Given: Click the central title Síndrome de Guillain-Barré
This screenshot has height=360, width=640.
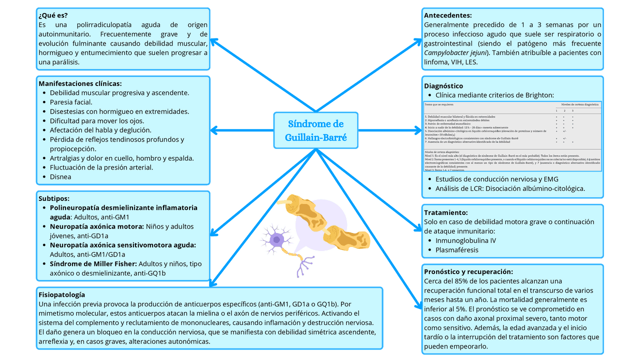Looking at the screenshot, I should point(316,130).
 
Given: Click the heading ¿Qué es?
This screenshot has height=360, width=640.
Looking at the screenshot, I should point(53,15).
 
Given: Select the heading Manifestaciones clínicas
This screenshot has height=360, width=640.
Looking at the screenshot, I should point(80,83).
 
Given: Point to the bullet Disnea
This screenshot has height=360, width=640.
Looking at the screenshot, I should point(60,176).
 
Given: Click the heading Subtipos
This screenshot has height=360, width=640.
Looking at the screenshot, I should point(54,198).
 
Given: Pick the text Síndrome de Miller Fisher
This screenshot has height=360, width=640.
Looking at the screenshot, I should point(93,263).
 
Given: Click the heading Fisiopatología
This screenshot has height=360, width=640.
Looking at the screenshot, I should point(62,295).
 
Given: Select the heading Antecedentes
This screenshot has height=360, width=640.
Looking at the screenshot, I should point(447,15).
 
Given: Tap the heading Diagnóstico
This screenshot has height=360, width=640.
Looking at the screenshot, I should point(443,86).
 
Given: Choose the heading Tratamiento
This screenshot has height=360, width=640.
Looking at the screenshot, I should point(446,212).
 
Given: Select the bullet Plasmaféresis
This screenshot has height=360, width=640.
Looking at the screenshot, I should point(457,250).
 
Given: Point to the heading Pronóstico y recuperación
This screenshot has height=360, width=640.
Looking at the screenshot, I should point(468,271).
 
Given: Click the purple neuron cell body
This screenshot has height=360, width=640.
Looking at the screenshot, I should point(276,240).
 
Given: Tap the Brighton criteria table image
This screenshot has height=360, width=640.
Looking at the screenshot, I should point(512,136).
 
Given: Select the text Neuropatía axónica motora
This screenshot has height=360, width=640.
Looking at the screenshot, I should point(97,226).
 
